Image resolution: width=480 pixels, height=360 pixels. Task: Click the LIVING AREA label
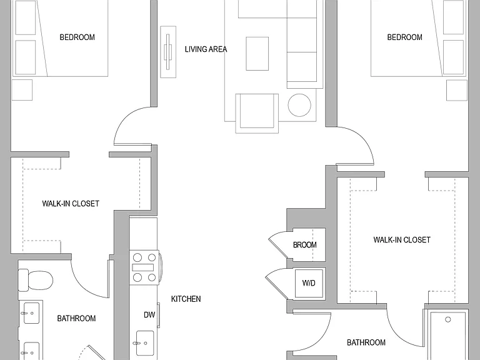tap(206, 49)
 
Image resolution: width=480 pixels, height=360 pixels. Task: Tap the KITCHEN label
tap(186, 299)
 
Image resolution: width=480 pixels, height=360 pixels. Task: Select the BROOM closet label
tap(304, 245)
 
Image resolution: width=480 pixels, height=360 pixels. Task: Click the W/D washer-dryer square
tap(309, 284)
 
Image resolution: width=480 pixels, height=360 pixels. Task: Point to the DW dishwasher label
tap(149, 315)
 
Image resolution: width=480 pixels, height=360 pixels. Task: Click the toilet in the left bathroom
tap(36, 280)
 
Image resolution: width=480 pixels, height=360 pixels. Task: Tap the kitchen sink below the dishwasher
tap(145, 342)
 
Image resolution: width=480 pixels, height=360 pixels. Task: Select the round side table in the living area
tap(299, 105)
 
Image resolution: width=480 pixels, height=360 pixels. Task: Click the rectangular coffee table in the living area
tap(257, 54)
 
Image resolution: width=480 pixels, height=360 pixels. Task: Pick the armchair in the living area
tap(257, 114)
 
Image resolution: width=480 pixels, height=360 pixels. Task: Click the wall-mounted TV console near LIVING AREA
tap(168, 52)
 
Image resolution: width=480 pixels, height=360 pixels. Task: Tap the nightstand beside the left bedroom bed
tap(22, 90)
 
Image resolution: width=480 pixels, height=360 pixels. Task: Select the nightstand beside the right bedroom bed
tap(457, 90)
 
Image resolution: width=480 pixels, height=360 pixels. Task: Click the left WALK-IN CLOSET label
tap(71, 204)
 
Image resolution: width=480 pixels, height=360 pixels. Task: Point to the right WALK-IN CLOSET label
tap(402, 240)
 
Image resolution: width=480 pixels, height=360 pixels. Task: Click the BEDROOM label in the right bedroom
tap(405, 37)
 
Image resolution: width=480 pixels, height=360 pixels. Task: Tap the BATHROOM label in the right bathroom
tap(366, 342)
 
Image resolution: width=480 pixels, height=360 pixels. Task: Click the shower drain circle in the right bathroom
tap(448, 319)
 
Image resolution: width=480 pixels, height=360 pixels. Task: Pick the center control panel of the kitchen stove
tap(142, 267)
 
